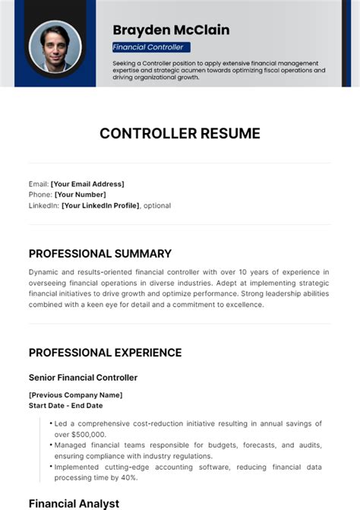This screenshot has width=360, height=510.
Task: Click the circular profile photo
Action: click(x=55, y=46)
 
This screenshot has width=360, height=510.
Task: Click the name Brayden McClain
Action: click(x=171, y=30)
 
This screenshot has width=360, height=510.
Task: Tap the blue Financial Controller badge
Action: click(x=150, y=47)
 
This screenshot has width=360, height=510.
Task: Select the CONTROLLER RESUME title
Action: click(x=180, y=134)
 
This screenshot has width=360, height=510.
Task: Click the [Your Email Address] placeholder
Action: click(x=87, y=184)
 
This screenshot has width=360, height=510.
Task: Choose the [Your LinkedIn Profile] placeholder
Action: click(x=100, y=205)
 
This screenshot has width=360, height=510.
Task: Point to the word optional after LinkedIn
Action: click(x=157, y=205)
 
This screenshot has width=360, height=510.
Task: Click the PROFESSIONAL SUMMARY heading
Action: click(x=100, y=254)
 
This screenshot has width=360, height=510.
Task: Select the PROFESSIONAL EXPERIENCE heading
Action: click(x=105, y=353)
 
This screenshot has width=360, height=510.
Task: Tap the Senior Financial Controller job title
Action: click(x=83, y=377)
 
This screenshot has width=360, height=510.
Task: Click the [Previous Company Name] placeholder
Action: click(x=75, y=395)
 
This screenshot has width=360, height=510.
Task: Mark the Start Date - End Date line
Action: click(x=66, y=406)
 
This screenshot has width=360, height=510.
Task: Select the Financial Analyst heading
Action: click(x=74, y=503)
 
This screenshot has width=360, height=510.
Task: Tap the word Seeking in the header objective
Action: click(x=125, y=62)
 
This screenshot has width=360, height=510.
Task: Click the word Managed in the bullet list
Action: click(x=71, y=445)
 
